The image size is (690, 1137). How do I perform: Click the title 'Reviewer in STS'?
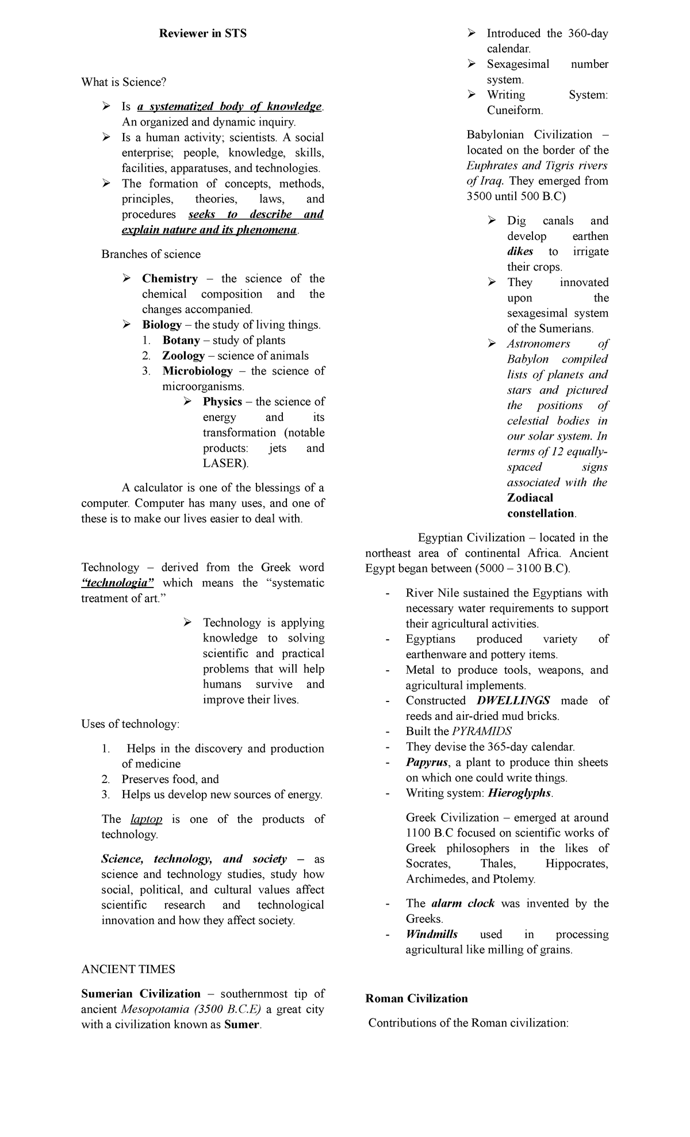203,33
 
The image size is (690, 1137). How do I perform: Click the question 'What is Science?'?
124,82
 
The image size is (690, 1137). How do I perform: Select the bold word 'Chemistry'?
170,278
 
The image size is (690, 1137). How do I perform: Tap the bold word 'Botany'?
181,340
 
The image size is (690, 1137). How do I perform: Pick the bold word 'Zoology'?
183,356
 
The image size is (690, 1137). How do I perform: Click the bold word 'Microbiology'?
197,371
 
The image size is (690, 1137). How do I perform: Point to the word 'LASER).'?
226,463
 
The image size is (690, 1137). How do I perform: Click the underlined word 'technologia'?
118,583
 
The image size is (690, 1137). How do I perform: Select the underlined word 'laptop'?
147,819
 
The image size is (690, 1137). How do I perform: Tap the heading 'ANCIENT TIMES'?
128,970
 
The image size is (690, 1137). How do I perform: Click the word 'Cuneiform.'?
515,110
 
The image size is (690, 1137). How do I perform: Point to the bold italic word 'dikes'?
520,251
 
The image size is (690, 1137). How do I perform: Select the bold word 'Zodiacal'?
530,498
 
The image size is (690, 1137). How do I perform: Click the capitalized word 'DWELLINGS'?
513,700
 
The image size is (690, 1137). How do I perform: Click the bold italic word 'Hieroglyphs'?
520,793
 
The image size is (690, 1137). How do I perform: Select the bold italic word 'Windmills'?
432,934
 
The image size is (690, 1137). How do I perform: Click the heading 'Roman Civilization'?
416,998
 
